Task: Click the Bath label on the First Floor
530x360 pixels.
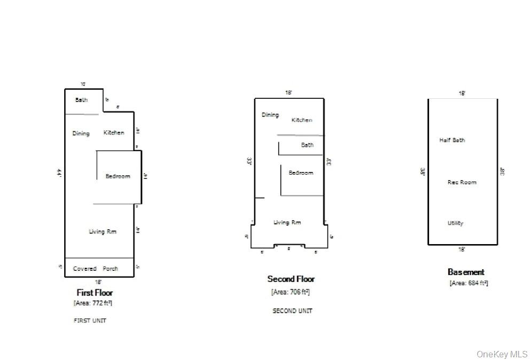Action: coord(81,100)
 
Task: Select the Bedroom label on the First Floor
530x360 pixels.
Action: coord(118,176)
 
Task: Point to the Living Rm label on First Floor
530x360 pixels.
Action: coord(103,231)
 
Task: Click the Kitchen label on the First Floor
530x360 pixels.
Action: coord(114,132)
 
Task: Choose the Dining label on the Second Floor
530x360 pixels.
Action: coord(270,115)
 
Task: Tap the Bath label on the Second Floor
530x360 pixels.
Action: coord(307,145)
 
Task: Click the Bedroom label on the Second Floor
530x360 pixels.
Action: coord(301,173)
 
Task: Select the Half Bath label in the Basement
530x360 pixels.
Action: coord(452,140)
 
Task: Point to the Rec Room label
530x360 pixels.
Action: coord(462,182)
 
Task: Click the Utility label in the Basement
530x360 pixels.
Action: coord(455,223)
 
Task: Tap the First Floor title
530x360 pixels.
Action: coord(95,293)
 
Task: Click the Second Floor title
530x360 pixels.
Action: coord(291,279)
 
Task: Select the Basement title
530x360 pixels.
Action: coord(466,272)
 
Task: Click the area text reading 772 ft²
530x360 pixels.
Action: coord(93,303)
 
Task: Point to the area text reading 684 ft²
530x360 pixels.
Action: coord(469,283)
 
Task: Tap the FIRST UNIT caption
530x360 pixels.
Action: coord(90,320)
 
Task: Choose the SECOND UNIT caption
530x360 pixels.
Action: coord(292,310)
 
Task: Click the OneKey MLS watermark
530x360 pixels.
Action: coord(502,354)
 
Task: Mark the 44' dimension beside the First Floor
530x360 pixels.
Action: coord(59,173)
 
